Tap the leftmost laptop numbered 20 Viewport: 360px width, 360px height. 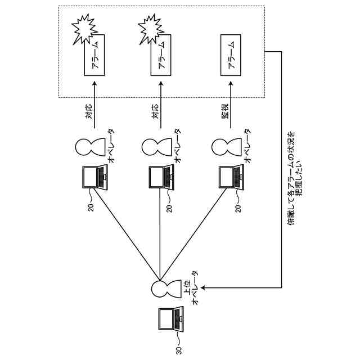click(x=93, y=177)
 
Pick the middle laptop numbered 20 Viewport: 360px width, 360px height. click(x=160, y=177)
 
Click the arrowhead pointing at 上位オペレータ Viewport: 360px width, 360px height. click(x=203, y=288)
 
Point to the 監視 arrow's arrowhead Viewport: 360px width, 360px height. click(x=229, y=84)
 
